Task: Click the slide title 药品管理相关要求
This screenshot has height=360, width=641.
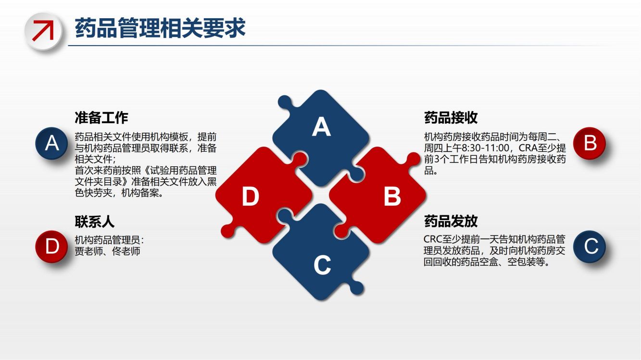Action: (x=160, y=28)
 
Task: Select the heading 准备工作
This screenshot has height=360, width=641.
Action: (x=101, y=118)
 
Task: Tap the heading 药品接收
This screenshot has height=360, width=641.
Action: (x=451, y=118)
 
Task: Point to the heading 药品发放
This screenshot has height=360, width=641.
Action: (x=451, y=221)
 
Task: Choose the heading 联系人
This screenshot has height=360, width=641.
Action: (x=94, y=222)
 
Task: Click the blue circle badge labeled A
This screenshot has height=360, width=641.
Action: (x=51, y=143)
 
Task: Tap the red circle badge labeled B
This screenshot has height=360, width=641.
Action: (x=590, y=143)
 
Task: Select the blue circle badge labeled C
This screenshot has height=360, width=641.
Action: (x=590, y=247)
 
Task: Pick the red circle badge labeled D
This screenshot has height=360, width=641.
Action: (x=51, y=247)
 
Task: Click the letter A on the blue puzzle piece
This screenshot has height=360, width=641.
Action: (x=321, y=126)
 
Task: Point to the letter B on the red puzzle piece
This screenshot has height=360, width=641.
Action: (x=392, y=196)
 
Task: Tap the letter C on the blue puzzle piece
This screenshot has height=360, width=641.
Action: (x=322, y=265)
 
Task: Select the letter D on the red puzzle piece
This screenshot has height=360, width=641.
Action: (x=251, y=196)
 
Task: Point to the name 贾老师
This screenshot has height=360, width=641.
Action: (x=88, y=251)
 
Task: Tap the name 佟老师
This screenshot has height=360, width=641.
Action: (x=126, y=251)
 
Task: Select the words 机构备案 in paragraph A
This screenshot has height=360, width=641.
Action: (x=140, y=193)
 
